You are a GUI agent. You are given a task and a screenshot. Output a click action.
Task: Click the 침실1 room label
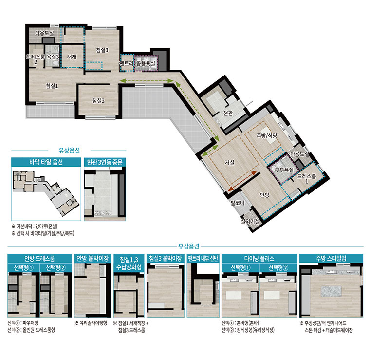(x=52, y=86)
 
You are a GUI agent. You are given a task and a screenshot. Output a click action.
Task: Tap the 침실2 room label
(x=98, y=101)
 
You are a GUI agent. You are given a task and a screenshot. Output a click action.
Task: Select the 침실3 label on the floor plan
(x=102, y=50)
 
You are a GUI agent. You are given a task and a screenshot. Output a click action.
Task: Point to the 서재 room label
(x=72, y=57)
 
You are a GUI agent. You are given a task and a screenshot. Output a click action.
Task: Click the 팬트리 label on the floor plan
(x=127, y=63)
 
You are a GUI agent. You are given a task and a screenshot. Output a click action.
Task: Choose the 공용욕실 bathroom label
(x=146, y=63)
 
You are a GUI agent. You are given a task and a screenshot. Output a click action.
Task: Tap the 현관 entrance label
(x=228, y=114)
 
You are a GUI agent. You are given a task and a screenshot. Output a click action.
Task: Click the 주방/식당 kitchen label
(x=267, y=136)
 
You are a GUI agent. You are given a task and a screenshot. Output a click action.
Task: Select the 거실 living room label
(x=229, y=162)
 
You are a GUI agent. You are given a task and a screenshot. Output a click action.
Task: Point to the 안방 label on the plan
(x=264, y=195)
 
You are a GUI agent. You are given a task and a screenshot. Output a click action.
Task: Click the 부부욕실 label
(x=284, y=170)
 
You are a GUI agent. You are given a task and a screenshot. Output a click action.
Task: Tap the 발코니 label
(x=238, y=203)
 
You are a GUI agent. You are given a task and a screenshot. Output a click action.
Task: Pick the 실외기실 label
(x=250, y=221)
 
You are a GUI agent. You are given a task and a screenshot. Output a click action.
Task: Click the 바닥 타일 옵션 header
(x=46, y=162)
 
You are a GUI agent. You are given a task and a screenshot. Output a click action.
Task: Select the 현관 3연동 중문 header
(x=105, y=162)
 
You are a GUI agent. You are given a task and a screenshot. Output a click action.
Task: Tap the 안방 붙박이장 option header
(x=92, y=258)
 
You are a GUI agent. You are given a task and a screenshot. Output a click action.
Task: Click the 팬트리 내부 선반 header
(x=203, y=258)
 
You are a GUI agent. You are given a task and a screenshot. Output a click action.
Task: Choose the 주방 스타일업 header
(x=331, y=258)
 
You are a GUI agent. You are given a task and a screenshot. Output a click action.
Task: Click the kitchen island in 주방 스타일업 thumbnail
(x=331, y=291)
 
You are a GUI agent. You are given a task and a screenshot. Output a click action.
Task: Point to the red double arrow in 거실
(x=242, y=181)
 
